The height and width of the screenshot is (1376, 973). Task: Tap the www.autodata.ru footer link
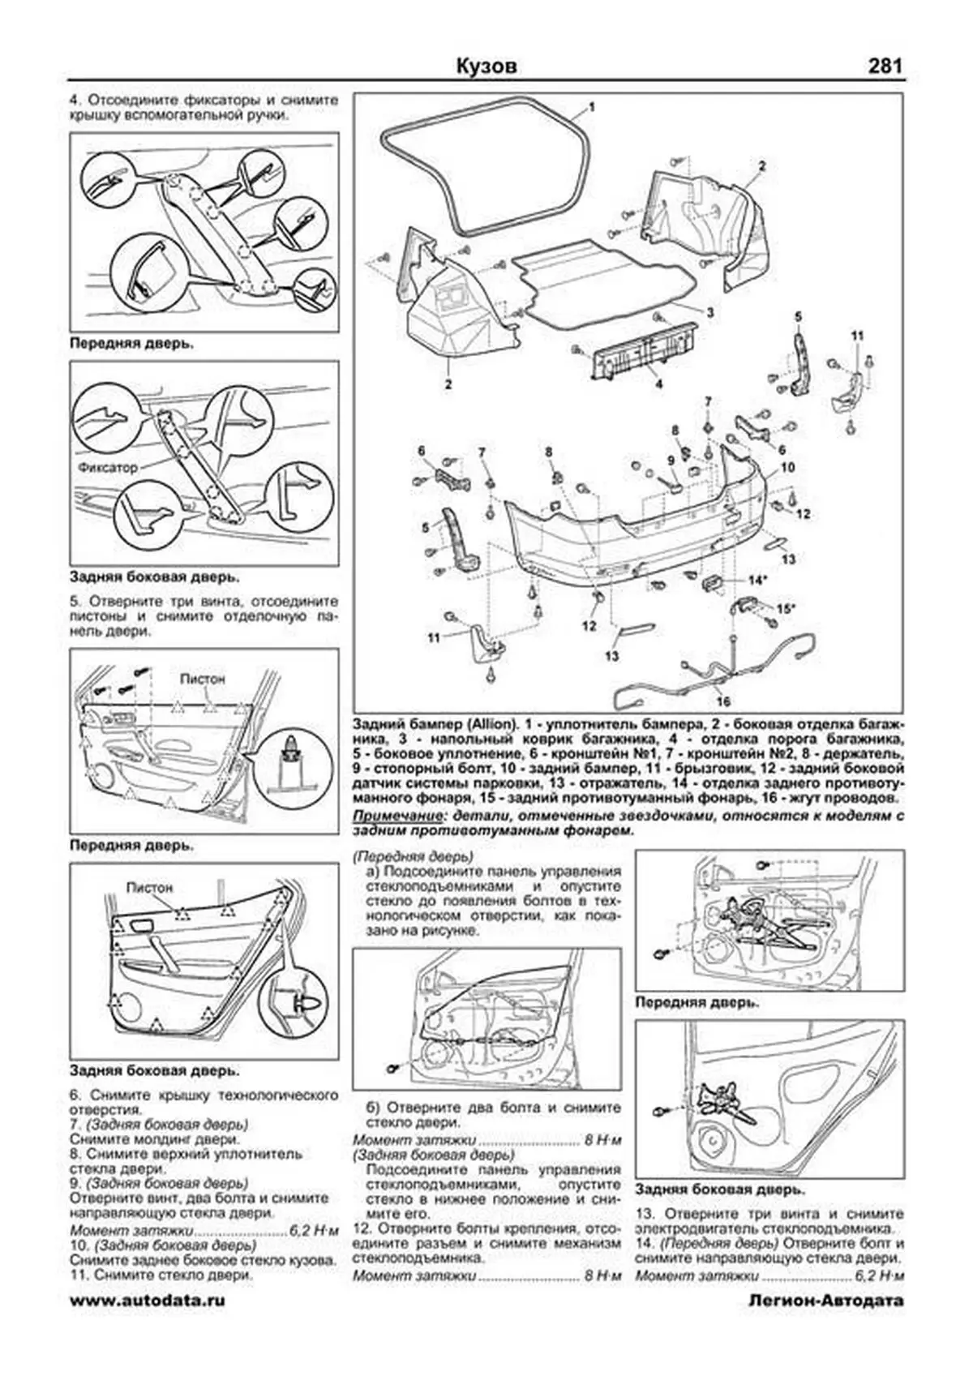(147, 1322)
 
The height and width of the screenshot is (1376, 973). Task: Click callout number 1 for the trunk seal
(592, 107)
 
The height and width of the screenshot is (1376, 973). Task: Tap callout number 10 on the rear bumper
(788, 468)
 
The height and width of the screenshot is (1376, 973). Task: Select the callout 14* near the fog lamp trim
(757, 581)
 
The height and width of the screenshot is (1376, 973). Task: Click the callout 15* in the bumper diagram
(786, 607)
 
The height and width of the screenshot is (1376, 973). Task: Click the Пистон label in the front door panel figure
(202, 678)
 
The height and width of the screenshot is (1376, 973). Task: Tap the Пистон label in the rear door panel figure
(149, 887)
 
